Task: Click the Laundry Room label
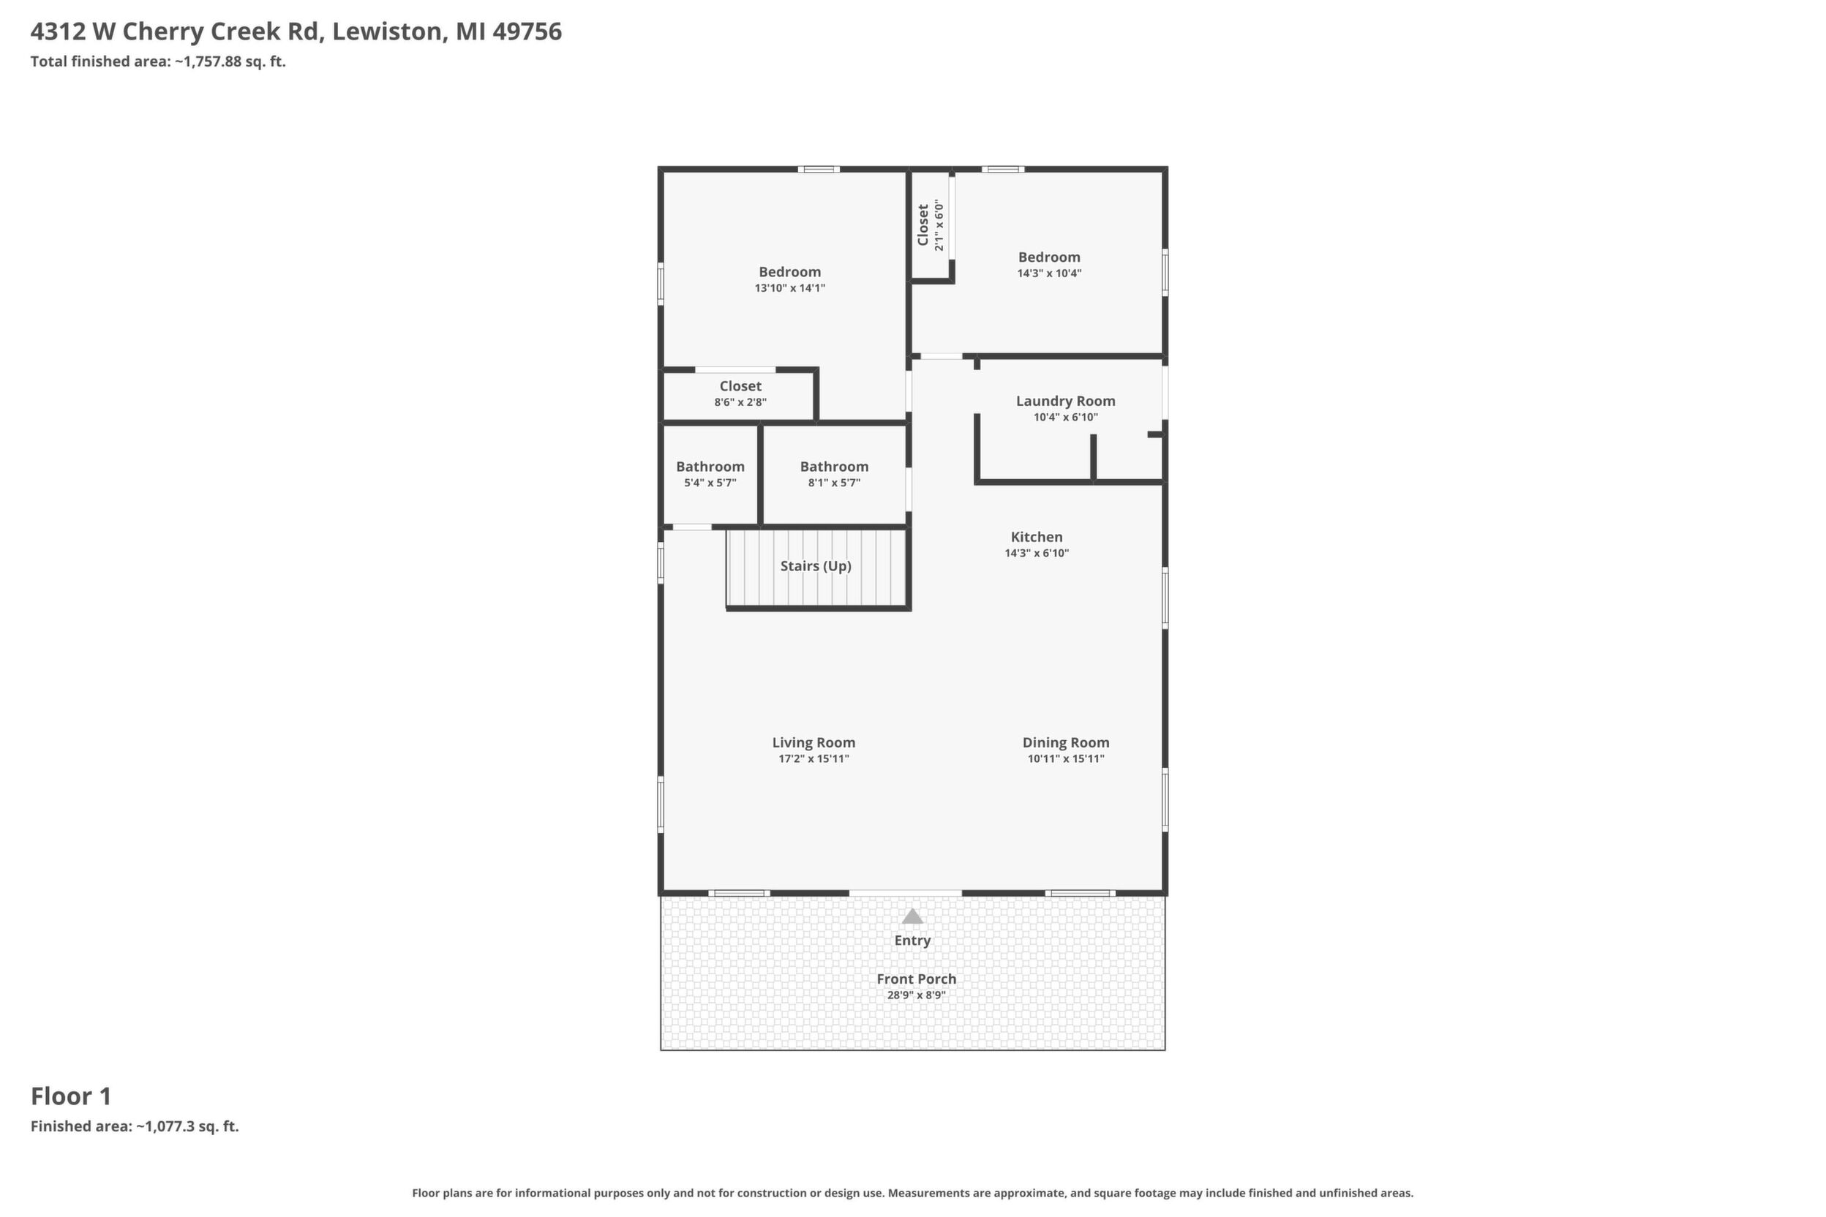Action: point(1065,402)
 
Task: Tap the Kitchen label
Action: point(1037,537)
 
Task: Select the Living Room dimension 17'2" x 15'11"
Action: point(814,759)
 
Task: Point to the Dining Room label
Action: point(1065,743)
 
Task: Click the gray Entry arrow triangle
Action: point(912,916)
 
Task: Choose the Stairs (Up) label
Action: point(816,566)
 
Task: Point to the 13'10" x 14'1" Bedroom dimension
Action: point(789,288)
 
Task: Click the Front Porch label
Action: point(916,979)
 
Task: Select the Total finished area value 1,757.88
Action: point(211,62)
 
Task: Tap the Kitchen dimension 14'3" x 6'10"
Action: point(1037,554)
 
